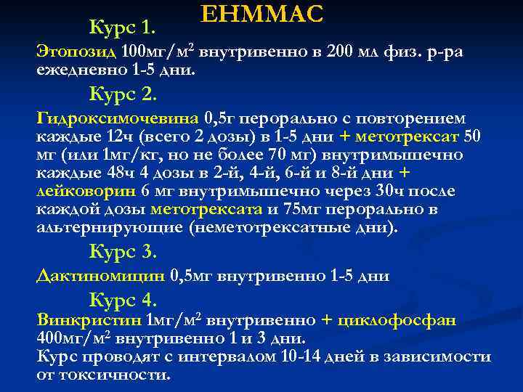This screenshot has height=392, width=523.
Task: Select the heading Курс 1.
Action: pos(123,28)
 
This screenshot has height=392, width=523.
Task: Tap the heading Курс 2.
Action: pos(123,94)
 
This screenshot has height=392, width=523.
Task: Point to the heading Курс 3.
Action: pos(123,251)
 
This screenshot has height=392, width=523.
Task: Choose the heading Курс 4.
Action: pos(123,299)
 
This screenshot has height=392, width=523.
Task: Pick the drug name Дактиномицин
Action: pos(101,275)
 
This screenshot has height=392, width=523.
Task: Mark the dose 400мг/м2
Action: pos(74,338)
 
